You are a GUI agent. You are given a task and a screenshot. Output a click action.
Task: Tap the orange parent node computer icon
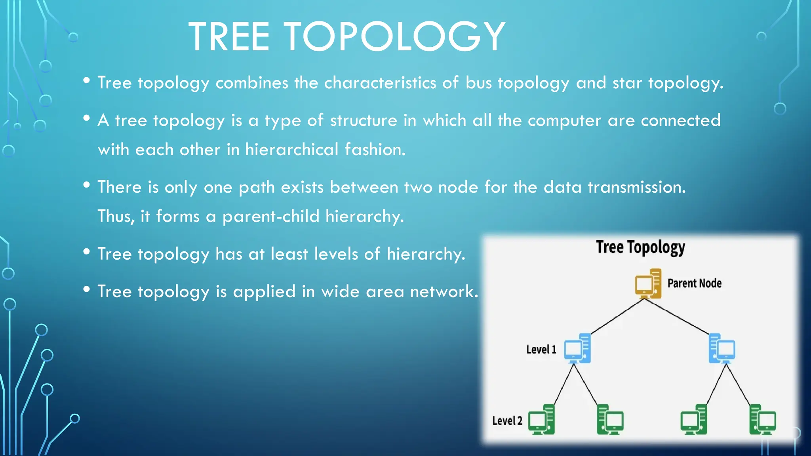click(x=648, y=283)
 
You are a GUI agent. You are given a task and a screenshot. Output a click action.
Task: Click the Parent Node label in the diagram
click(x=694, y=283)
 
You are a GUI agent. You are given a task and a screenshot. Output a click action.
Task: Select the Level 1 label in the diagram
click(x=541, y=350)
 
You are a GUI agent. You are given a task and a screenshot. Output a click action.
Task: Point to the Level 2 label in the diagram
click(x=507, y=421)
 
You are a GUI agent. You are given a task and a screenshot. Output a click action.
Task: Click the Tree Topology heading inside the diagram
click(x=640, y=247)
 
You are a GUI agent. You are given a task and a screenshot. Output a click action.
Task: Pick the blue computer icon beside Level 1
click(x=577, y=349)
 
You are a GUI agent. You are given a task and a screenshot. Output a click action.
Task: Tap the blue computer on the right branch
click(x=722, y=349)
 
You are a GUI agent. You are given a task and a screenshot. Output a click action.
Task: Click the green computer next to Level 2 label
click(x=541, y=420)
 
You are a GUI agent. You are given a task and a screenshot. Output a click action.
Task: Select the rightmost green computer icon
click(x=762, y=420)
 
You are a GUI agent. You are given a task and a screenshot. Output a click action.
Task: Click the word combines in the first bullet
click(x=252, y=83)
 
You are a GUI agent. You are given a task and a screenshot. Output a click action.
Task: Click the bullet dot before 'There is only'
click(x=87, y=185)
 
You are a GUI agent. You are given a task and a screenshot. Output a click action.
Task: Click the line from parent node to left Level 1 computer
click(x=617, y=316)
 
